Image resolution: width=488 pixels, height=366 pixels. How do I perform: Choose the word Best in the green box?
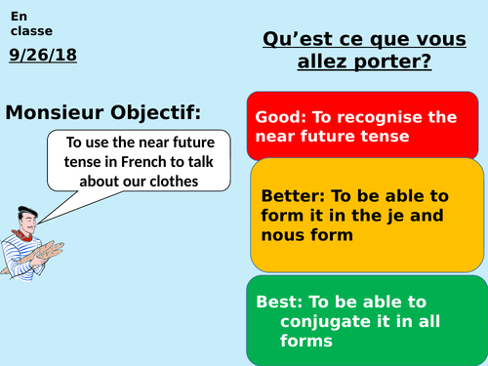274,301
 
